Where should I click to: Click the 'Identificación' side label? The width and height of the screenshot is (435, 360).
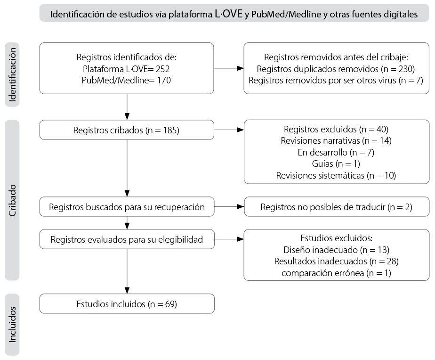(12, 75)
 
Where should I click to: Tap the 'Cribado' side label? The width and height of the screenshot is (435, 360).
(12, 200)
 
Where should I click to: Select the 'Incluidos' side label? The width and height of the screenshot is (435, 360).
(12, 325)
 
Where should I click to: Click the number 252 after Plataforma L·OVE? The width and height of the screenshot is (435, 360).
(162, 69)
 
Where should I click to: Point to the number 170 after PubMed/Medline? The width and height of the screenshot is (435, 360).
(164, 80)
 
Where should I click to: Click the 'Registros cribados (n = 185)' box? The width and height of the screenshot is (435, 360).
(127, 130)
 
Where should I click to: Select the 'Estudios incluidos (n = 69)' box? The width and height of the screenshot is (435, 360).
(127, 303)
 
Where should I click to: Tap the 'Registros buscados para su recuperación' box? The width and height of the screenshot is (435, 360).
(127, 207)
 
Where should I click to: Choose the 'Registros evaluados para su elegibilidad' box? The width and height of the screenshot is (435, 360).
(127, 239)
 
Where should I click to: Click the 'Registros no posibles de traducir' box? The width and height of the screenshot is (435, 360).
(337, 207)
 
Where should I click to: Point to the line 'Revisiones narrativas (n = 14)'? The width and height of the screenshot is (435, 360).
(336, 141)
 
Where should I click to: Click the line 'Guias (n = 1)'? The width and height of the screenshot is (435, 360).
(336, 164)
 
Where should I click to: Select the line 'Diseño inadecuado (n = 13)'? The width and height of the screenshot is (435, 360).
(336, 250)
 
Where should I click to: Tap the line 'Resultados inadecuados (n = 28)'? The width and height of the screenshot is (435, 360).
(336, 262)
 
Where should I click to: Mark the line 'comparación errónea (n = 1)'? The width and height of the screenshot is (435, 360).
(336, 273)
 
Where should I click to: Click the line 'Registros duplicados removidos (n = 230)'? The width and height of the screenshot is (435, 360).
(336, 69)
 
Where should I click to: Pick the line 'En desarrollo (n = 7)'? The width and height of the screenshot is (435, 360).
(336, 152)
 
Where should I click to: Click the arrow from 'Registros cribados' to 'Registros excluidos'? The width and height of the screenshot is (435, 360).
(229, 130)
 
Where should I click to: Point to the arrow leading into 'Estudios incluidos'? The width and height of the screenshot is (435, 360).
(127, 271)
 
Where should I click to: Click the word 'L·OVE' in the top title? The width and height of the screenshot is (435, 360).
(229, 14)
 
